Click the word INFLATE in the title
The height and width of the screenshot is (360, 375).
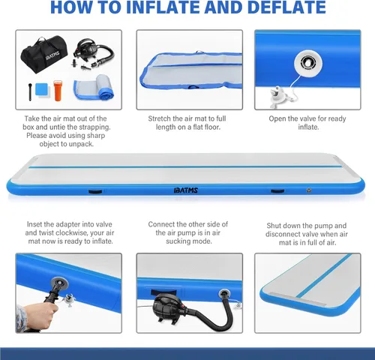point(163,7)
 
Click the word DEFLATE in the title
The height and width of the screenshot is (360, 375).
point(286,7)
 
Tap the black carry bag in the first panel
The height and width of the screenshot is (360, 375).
point(44,55)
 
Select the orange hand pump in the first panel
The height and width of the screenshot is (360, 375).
point(58,91)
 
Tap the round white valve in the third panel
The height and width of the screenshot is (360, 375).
point(308,63)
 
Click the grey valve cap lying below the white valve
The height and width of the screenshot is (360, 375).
point(277,96)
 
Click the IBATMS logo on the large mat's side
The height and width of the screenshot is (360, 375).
point(186,190)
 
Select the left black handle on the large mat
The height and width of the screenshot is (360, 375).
point(95,191)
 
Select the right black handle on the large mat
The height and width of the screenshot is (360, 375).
point(277,191)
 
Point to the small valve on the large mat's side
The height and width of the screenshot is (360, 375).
point(309,190)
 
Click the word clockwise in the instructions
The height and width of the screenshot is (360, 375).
point(72,232)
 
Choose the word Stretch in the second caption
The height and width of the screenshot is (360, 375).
point(159,118)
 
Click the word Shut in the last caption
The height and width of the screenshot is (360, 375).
point(274,226)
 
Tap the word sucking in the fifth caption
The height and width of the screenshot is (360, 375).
point(178,241)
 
